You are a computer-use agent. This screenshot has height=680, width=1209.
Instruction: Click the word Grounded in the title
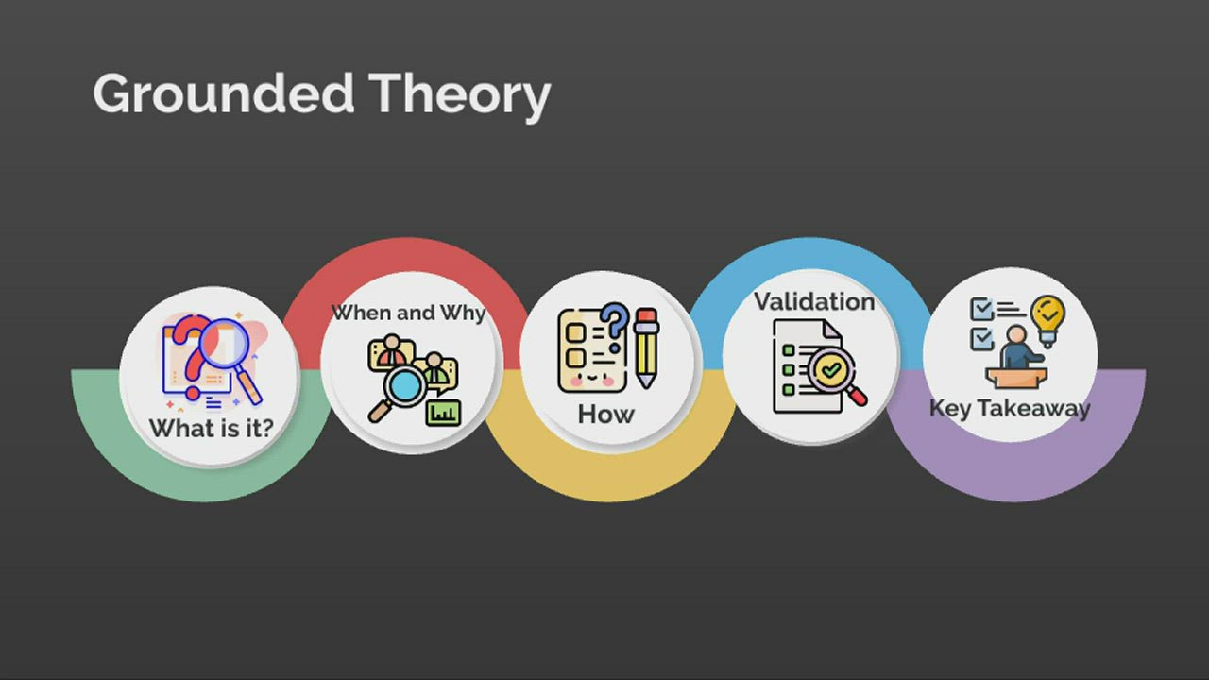[x=224, y=94]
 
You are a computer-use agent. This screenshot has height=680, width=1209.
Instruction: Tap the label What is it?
[x=211, y=428]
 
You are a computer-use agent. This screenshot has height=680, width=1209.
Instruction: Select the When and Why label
[x=408, y=313]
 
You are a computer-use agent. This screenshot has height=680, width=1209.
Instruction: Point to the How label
[x=605, y=415]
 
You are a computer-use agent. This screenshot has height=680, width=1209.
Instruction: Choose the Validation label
[x=813, y=302]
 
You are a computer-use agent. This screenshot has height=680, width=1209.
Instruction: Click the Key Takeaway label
[x=1009, y=408]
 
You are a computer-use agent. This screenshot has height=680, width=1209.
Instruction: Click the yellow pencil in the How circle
[x=646, y=347]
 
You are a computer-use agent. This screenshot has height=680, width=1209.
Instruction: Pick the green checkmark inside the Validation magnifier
[x=831, y=371]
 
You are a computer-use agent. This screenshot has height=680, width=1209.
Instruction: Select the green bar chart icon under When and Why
[x=442, y=412]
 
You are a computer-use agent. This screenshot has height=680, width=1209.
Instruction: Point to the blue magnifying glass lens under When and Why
[x=408, y=385]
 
